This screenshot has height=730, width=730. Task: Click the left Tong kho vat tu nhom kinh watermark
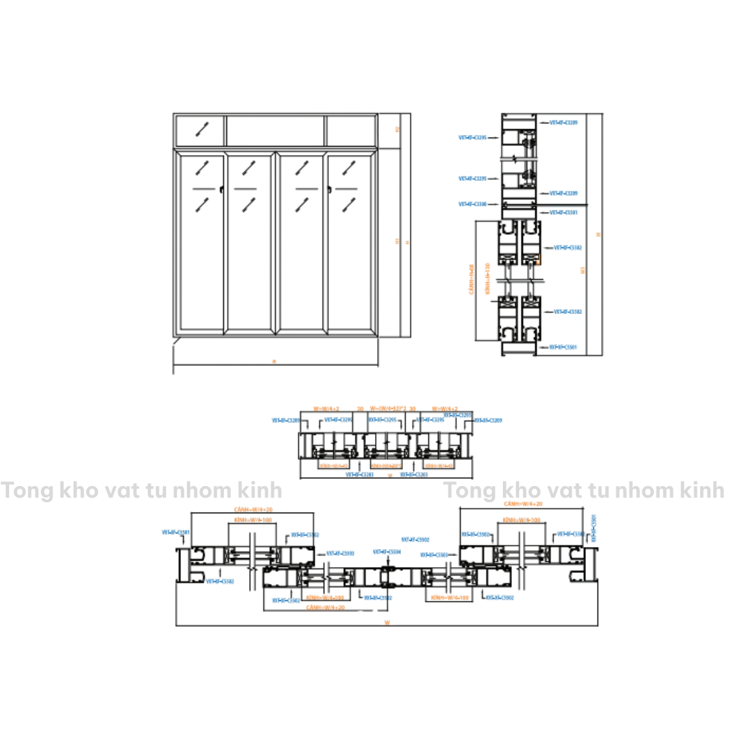tap(141, 490)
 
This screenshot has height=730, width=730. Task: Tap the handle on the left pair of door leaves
tap(222, 189)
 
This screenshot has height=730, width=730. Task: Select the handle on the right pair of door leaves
tap(329, 189)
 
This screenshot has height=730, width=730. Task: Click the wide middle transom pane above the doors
tap(275, 130)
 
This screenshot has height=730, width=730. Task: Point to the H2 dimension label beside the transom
tap(397, 130)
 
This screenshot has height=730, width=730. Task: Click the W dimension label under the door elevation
tap(274, 361)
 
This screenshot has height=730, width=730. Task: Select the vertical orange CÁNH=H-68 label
tap(472, 279)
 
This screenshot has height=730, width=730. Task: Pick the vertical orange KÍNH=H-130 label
tap(487, 279)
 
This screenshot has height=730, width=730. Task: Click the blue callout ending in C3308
tap(472, 204)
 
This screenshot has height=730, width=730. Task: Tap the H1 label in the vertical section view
tap(583, 269)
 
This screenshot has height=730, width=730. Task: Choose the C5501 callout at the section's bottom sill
tap(563, 348)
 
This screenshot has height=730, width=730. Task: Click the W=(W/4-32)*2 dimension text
tap(388, 409)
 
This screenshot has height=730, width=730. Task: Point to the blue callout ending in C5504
tap(387, 552)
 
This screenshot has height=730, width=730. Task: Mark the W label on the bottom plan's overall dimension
tap(387, 623)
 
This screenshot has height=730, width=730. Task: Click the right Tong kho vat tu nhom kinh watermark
tap(583, 490)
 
